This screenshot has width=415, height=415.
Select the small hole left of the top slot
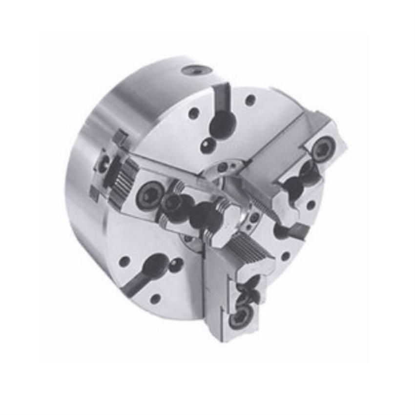[x=194, y=114]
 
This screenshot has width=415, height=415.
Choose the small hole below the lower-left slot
[x=155, y=299]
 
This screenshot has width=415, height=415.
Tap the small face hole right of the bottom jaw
[x=285, y=256]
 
